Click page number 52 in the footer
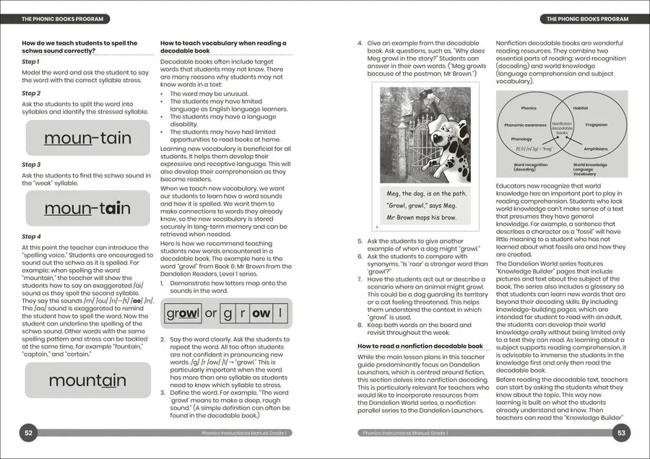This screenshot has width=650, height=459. pyautogui.click(x=29, y=433)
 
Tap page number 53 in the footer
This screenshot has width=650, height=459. pyautogui.click(x=620, y=433)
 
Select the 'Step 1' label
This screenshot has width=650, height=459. pyautogui.click(x=30, y=62)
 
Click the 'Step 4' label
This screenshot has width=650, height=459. pyautogui.click(x=31, y=237)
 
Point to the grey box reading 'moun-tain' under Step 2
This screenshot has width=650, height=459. pyautogui.click(x=87, y=138)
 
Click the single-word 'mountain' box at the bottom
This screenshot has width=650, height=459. pyautogui.click(x=87, y=380)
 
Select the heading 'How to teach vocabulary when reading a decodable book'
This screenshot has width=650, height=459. pyautogui.click(x=223, y=47)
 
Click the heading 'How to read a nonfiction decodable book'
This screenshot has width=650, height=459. pyautogui.click(x=420, y=346)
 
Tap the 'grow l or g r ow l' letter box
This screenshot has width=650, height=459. pyautogui.click(x=226, y=314)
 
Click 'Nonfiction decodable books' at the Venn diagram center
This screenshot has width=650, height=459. pyautogui.click(x=562, y=129)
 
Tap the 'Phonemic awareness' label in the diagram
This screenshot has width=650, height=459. pyautogui.click(x=525, y=125)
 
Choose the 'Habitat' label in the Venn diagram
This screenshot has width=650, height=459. pyautogui.click(x=581, y=108)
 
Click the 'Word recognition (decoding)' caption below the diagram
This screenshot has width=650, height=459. pyautogui.click(x=525, y=167)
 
